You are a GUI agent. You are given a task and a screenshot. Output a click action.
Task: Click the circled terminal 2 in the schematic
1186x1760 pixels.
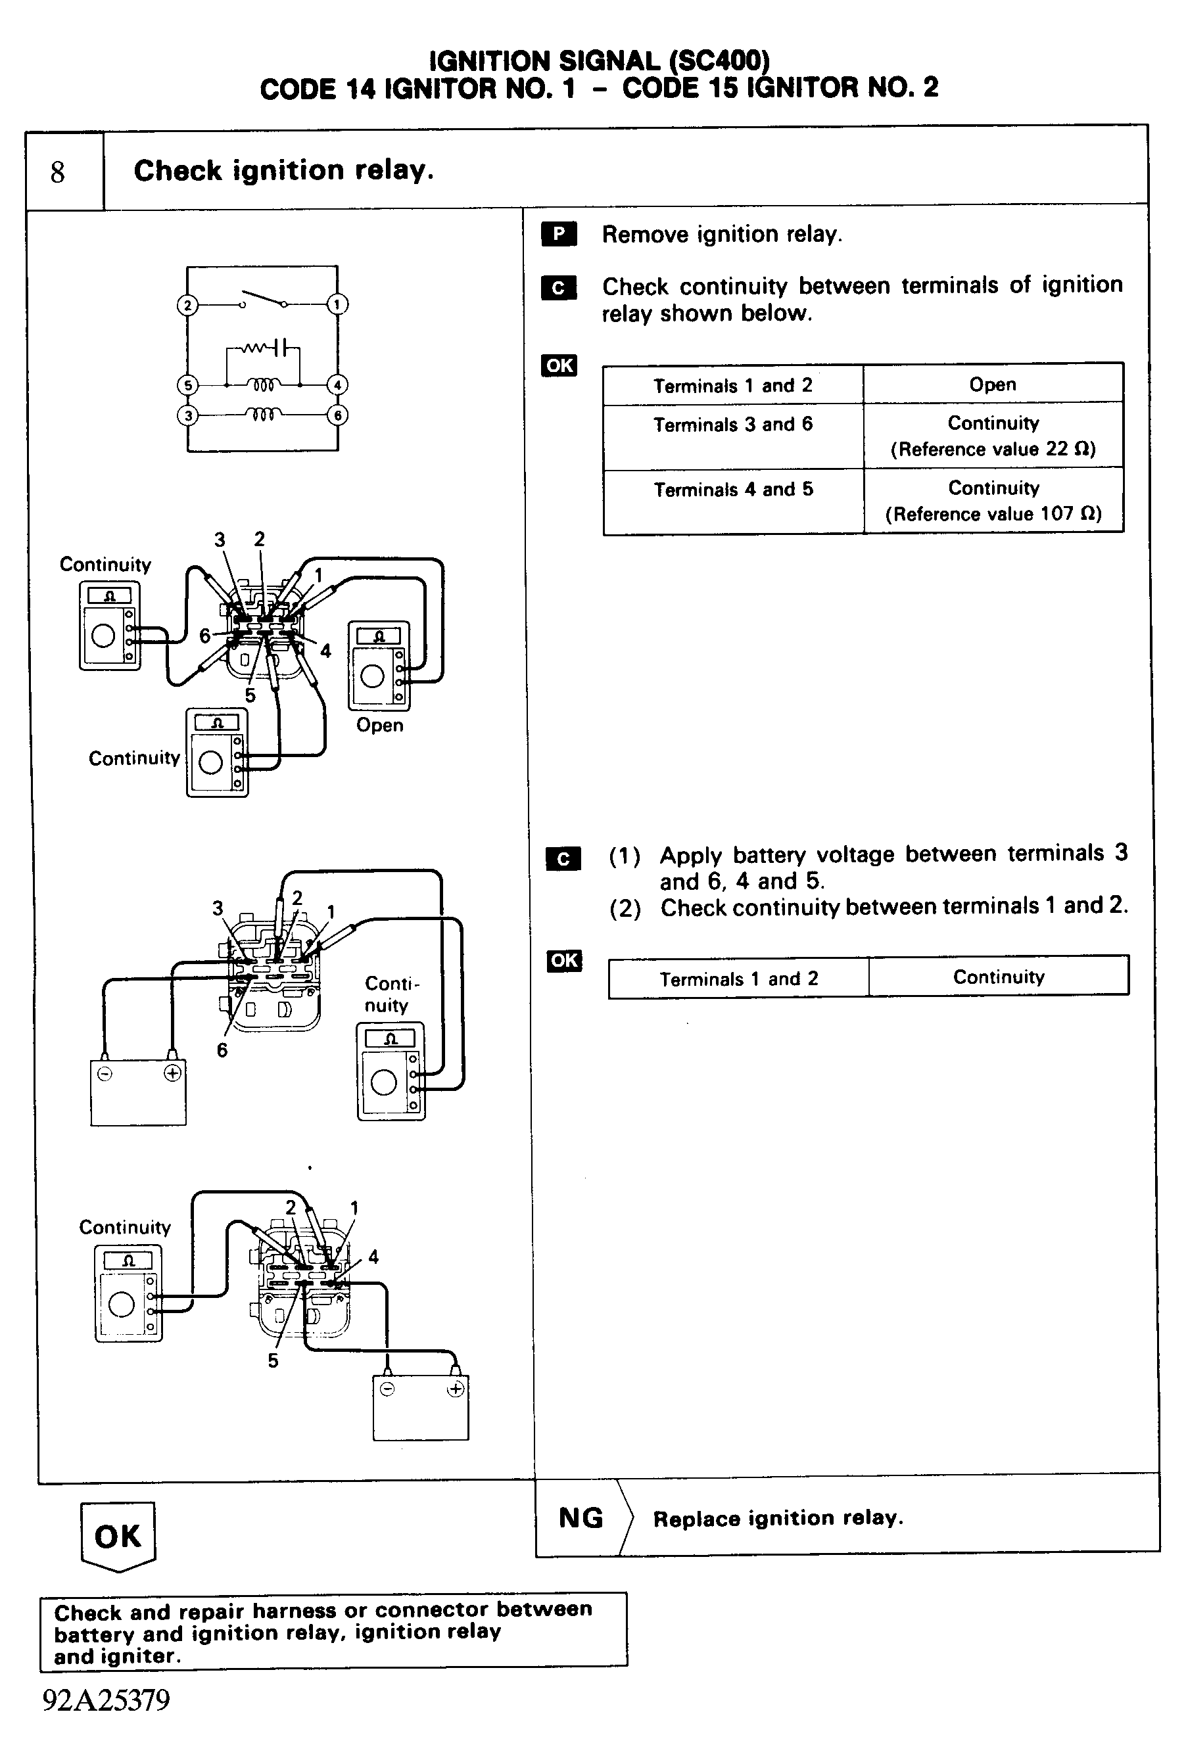coord(187,306)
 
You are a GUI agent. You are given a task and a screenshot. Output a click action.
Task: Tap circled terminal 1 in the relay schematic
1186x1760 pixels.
coord(337,304)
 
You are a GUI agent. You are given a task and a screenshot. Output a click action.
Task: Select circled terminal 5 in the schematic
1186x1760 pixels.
coord(187,385)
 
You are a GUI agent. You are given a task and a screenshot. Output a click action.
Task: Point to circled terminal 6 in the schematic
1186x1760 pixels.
coord(338,415)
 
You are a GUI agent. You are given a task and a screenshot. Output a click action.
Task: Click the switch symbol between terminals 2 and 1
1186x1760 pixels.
coord(262,300)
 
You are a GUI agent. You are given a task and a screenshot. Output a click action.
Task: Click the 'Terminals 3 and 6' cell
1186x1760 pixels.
coord(732,425)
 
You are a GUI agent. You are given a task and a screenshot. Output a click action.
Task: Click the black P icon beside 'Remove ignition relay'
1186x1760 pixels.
coord(559,235)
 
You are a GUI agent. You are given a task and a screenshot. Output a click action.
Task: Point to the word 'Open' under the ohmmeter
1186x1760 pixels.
coord(380,725)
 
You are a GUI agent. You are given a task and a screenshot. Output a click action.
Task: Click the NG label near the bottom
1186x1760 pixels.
coord(581,1517)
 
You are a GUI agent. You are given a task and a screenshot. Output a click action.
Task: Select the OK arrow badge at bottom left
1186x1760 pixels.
coord(117,1535)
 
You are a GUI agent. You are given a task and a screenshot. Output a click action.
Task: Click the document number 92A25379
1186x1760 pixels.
coord(107,1700)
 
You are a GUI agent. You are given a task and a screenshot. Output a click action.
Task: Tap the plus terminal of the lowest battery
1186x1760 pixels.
coord(456,1389)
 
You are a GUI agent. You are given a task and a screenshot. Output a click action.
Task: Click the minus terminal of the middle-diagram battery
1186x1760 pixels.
coord(105,1073)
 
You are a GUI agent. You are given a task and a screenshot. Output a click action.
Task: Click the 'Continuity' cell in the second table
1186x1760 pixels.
coord(999,977)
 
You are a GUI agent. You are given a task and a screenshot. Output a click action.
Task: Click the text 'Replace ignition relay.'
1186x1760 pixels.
coord(778,1518)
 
